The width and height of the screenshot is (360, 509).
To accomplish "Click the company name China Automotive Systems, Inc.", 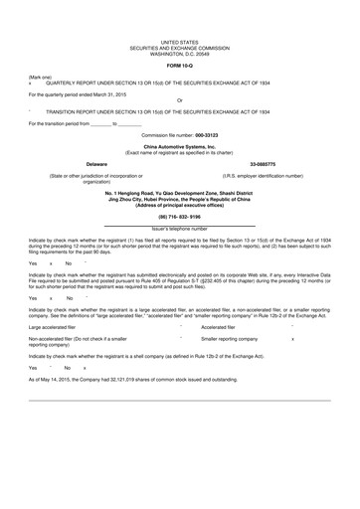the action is [179, 146].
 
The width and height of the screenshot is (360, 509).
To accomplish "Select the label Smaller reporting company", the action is [231, 339].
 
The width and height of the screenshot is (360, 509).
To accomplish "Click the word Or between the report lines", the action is [179, 100].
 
